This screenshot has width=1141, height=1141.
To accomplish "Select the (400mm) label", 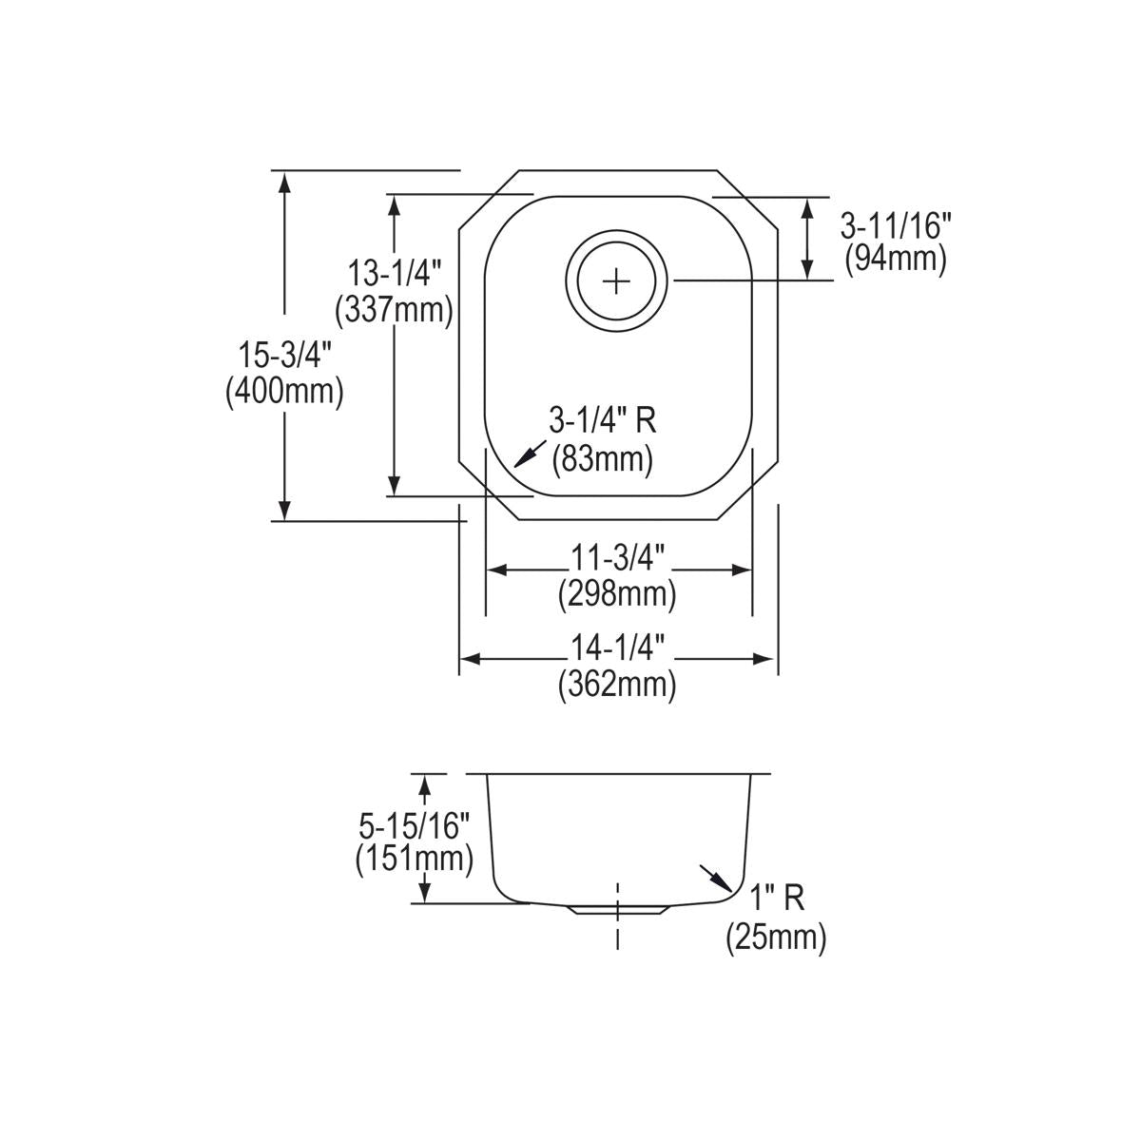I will [x=283, y=391].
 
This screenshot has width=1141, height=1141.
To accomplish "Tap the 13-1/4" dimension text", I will [x=393, y=275].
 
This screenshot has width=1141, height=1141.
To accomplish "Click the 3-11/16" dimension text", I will [x=895, y=225].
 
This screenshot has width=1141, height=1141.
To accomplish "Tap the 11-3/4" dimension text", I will [x=617, y=557].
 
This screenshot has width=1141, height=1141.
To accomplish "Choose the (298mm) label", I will [x=617, y=594].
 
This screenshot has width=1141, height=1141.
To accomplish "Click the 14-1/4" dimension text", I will [x=617, y=648].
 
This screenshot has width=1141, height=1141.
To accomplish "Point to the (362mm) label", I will [x=617, y=684].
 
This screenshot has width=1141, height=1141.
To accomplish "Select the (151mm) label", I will [x=414, y=859].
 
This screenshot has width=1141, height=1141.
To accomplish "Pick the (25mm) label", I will [x=776, y=938].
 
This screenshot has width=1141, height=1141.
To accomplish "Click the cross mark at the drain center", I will [x=617, y=280].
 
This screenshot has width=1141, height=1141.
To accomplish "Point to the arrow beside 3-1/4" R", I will [x=530, y=454].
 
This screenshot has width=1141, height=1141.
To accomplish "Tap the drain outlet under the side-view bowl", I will [x=618, y=909].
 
